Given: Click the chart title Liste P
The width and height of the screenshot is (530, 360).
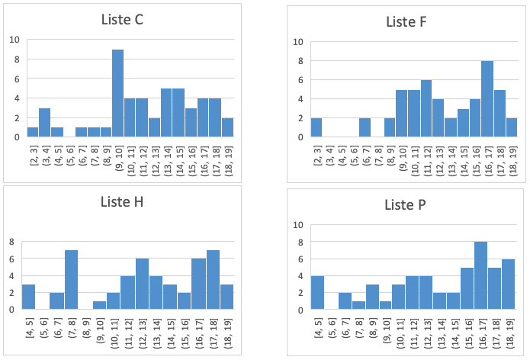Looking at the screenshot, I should (406, 205).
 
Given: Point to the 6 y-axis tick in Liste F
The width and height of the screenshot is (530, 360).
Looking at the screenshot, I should (300, 80).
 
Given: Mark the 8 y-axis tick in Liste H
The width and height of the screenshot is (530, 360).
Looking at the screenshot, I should (11, 242).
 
